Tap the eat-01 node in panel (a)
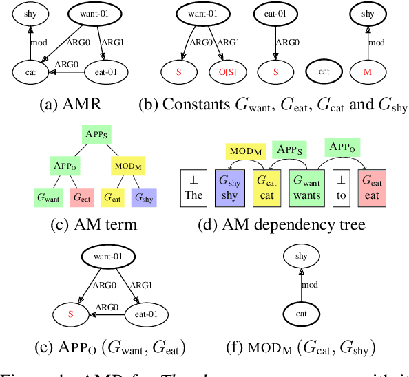[104, 70]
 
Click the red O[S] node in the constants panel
[228, 70]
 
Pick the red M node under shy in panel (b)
[371, 70]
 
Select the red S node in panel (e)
[69, 316]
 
